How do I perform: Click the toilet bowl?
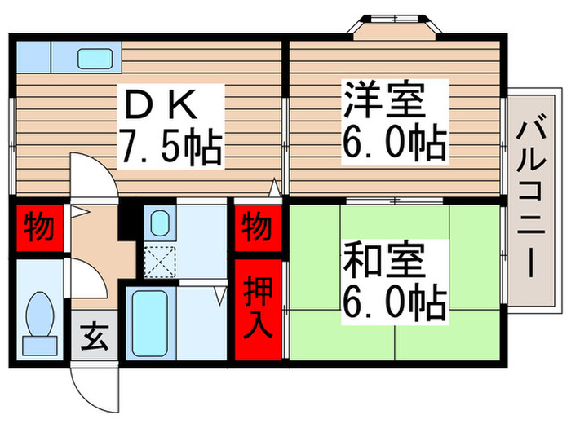point(38,320)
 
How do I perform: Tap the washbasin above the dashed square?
point(159,223)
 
